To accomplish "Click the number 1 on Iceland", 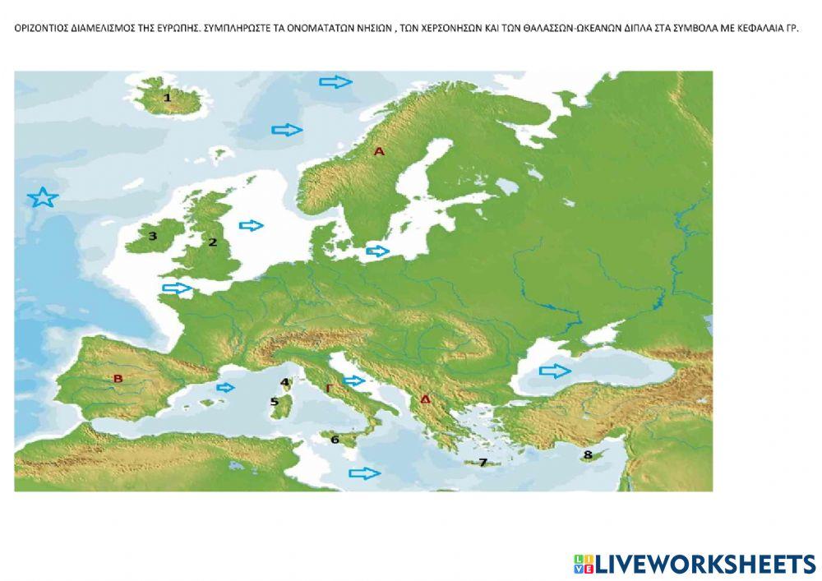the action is pos(168,98).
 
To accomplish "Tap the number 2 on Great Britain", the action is pos(212,242).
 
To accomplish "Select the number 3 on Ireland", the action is pos(152,236).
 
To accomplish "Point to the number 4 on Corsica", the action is pos(284,382).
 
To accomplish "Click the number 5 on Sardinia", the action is pos(275,402).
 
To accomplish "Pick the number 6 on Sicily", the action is pos(335,440).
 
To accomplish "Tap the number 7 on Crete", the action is pos(483,463).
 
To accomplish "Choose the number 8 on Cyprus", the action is pos(587,454).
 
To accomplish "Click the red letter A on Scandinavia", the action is pos(379,151).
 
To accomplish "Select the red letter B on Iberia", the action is pos(118,379).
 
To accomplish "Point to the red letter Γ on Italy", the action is pos(329,387).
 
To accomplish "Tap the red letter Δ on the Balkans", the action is pos(425,399).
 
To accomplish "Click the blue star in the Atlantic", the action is pos(42,198).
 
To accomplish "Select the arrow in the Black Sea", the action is pos(555,371).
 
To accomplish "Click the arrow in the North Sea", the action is pos(252,225).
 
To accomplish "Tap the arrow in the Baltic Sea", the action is pos(377,251).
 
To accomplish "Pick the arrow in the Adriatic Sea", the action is pos(354,380).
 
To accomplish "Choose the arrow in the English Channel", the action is pos(177,288).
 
